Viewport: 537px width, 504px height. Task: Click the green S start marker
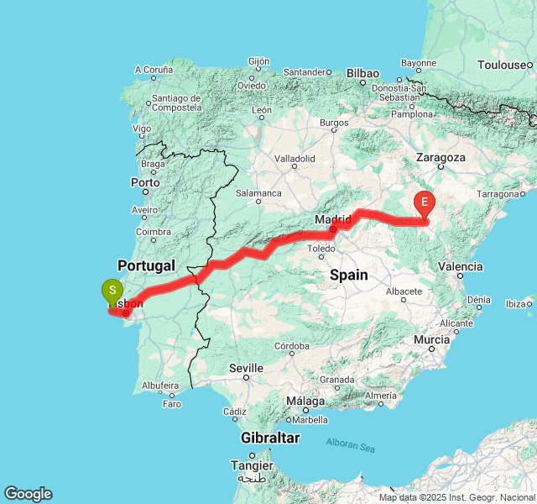click(x=111, y=292)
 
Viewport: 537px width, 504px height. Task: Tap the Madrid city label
click(x=332, y=220)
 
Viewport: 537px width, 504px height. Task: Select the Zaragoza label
click(x=440, y=157)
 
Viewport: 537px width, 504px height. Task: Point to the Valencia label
click(x=461, y=266)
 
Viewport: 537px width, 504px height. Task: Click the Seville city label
click(x=246, y=368)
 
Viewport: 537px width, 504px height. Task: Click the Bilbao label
click(x=362, y=73)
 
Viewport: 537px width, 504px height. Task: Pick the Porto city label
click(x=145, y=181)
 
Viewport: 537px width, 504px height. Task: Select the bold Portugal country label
click(x=146, y=265)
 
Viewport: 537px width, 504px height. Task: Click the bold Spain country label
click(x=348, y=275)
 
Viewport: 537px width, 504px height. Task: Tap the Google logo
click(x=28, y=494)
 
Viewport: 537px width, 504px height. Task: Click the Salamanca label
click(x=258, y=192)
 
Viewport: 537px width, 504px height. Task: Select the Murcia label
click(x=432, y=339)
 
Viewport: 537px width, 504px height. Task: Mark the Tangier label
click(x=254, y=465)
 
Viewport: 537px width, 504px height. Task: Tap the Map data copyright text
click(x=456, y=497)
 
